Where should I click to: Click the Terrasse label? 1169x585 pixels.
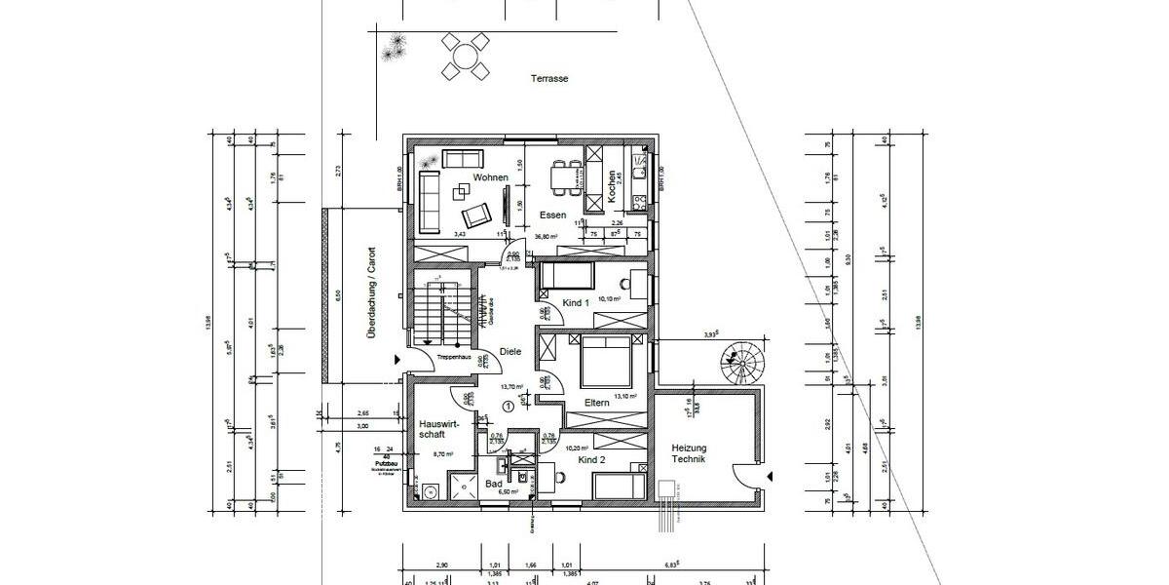[x=549, y=79]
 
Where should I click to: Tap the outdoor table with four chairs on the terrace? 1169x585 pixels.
[x=465, y=56]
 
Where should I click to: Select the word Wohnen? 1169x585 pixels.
[x=490, y=177]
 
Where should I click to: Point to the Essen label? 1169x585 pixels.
[x=552, y=214]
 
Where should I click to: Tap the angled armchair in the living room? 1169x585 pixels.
[x=476, y=215]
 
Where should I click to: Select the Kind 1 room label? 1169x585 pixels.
[x=576, y=303]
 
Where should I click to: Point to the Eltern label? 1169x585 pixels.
[x=596, y=403]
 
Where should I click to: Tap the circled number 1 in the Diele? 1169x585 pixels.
[x=509, y=406]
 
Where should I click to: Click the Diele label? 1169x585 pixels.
[x=509, y=352]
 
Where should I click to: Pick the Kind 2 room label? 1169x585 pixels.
[x=591, y=457]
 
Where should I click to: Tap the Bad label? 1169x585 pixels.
[x=494, y=484]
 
